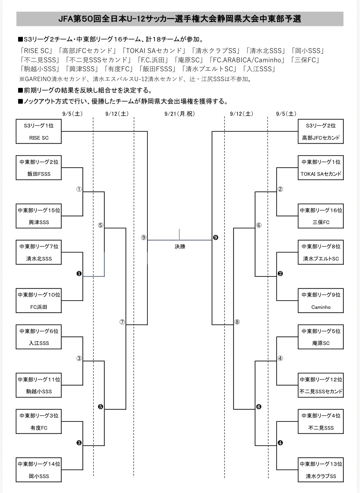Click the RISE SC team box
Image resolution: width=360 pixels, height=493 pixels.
tap(39, 131)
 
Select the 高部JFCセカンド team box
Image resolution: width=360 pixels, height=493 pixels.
tap(321, 131)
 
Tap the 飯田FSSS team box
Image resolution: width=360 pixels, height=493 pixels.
tap(39, 168)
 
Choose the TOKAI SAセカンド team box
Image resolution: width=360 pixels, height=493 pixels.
tap(321, 168)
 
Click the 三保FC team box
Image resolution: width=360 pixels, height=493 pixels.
tap(321, 216)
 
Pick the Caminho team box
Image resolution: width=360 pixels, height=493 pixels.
tap(321, 301)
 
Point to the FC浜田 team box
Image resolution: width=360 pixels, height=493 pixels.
tap(39, 301)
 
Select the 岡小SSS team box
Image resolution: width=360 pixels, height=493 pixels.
tap(39, 470)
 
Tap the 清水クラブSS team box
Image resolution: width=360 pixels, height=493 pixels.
tap(321, 470)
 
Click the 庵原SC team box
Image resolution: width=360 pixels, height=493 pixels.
tap(321, 337)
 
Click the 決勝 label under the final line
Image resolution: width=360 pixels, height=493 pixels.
tap(180, 246)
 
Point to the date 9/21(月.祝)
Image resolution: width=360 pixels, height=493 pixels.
tap(180, 114)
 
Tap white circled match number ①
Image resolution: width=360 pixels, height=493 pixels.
tap(79, 189)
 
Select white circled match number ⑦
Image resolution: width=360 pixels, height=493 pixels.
tap(122, 322)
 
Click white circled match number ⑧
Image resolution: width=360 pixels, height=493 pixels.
tap(237, 322)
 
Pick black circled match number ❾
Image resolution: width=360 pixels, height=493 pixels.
tap(216, 238)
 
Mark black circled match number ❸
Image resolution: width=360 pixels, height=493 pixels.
tap(79, 443)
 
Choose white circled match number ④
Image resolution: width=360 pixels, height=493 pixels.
tap(280, 358)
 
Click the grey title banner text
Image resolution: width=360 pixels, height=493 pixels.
tap(180, 19)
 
